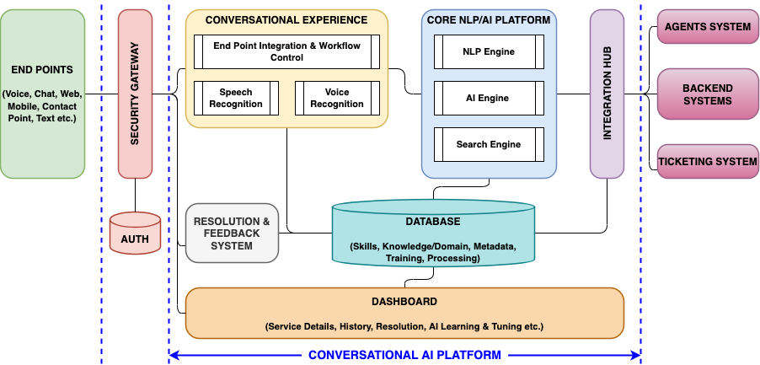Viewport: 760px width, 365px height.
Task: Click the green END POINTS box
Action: tap(42, 94)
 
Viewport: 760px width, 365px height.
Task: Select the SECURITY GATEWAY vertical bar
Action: tap(135, 94)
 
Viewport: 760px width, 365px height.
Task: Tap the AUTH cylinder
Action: tap(135, 233)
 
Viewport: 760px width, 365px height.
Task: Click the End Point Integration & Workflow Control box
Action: tap(286, 52)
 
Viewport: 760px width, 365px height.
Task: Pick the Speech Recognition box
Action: tap(236, 99)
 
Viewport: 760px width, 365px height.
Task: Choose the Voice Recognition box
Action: tap(337, 99)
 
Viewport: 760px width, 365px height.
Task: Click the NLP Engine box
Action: tap(489, 52)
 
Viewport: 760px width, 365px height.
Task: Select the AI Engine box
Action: tap(489, 99)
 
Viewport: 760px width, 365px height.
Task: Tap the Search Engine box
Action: tap(489, 145)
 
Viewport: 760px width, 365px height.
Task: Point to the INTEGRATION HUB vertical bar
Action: tap(607, 94)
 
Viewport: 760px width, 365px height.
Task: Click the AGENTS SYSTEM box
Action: tap(707, 27)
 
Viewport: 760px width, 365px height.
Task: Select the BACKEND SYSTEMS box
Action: tap(707, 94)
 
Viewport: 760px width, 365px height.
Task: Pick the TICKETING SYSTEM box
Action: tap(707, 162)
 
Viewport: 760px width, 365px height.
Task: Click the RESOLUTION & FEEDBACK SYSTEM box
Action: tap(232, 233)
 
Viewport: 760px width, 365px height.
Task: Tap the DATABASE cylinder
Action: tap(432, 235)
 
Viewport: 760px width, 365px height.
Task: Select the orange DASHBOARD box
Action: tap(404, 313)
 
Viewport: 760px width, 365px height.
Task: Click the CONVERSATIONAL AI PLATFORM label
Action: tap(404, 356)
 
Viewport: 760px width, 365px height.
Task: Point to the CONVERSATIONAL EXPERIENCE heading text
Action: tap(286, 19)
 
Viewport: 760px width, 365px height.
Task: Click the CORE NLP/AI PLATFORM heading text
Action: tap(489, 19)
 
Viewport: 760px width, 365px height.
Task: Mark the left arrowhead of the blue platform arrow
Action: tap(174, 356)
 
